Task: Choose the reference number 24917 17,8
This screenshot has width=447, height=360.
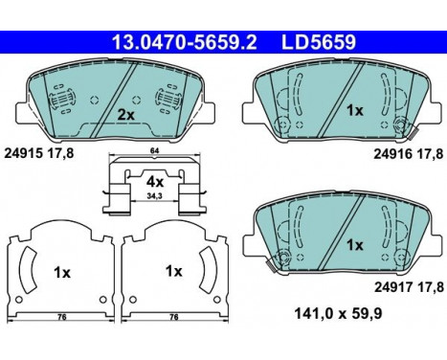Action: coord(403,286)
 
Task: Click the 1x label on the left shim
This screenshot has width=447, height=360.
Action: coord(62,272)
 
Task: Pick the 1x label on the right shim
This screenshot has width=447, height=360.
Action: coord(173,271)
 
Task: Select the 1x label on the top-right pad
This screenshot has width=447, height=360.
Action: coord(355,111)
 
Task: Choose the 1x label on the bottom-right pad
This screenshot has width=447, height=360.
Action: coord(355,245)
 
